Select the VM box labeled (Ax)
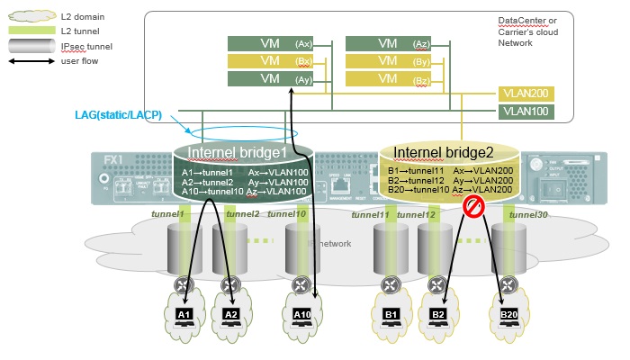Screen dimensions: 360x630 [269, 43]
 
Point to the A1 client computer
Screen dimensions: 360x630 [184, 313]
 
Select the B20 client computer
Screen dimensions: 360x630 [510, 313]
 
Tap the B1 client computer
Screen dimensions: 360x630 [391, 313]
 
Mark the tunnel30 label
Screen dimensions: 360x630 [527, 214]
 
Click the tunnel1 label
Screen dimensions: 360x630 [167, 214]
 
